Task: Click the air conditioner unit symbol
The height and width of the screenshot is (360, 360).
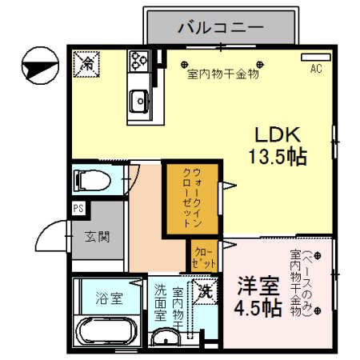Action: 314,58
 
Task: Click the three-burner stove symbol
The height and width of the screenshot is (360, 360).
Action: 140,61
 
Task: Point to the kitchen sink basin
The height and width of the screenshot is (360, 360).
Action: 139,101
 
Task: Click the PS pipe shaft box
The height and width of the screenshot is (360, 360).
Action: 78,209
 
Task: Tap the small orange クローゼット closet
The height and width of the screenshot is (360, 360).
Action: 205,257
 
